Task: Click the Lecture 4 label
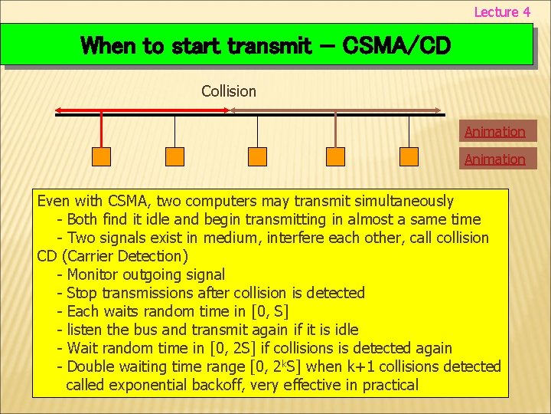tap(502, 11)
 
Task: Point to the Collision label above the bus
tap(229, 91)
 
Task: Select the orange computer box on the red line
tap(101, 156)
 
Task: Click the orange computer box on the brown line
tap(335, 156)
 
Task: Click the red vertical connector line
tap(101, 130)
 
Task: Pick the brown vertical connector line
tap(335, 130)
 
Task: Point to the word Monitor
tap(96, 274)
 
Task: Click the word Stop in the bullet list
tap(82, 293)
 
